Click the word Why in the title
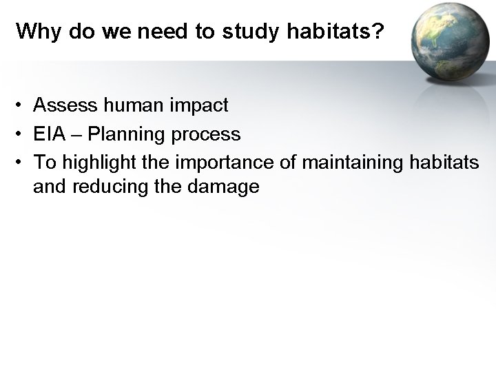tap(33, 32)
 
